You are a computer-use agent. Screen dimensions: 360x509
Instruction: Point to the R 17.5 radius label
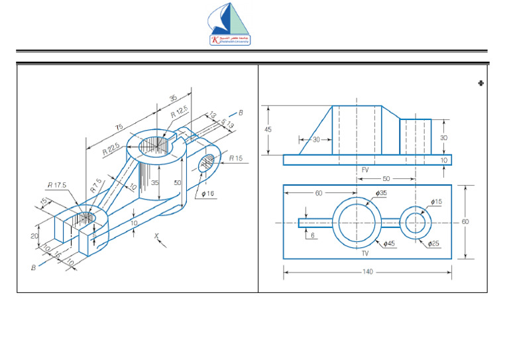click(56, 186)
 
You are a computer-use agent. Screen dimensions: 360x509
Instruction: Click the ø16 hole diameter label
click(207, 194)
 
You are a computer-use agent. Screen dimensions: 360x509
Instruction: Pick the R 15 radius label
click(237, 158)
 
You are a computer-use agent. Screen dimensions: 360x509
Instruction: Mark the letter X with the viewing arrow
click(156, 235)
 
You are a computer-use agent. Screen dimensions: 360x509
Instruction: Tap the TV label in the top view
click(364, 253)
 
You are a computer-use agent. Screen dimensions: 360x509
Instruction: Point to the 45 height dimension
click(268, 130)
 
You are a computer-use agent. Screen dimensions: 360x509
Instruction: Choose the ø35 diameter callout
click(381, 193)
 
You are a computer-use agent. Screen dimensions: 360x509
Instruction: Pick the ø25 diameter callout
click(433, 244)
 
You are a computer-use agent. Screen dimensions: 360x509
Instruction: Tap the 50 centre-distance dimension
click(386, 179)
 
